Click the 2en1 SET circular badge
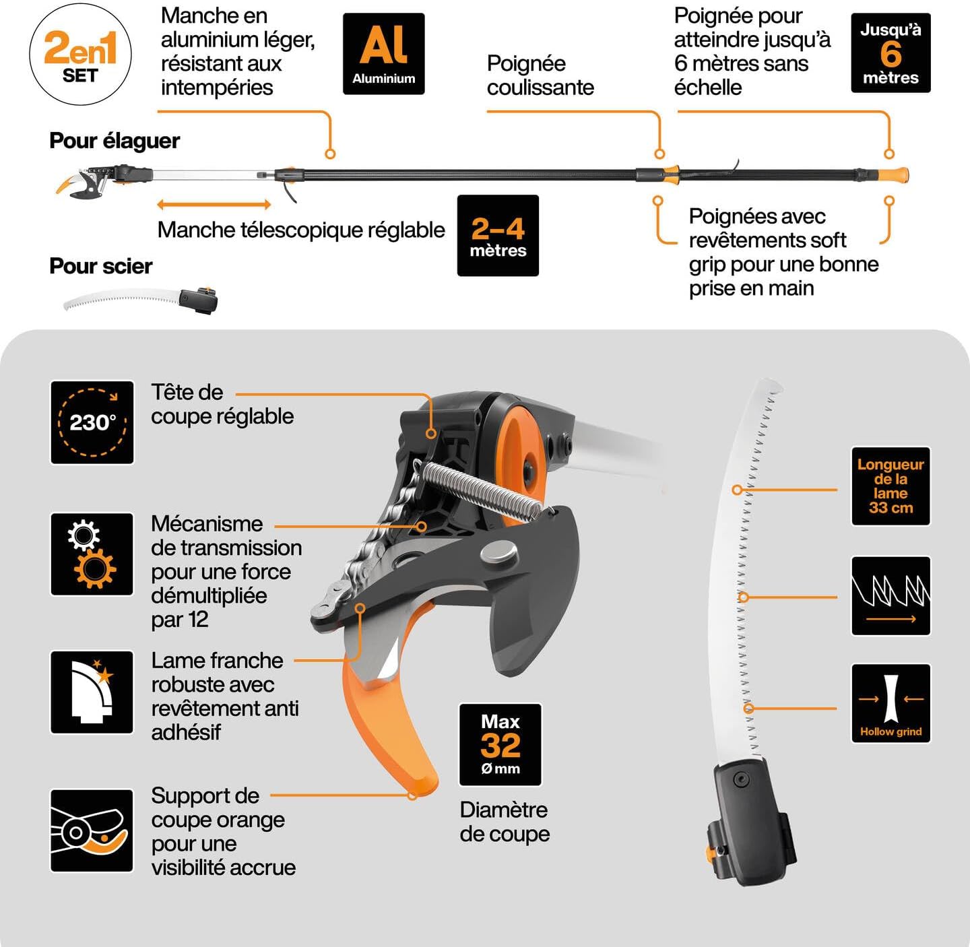(x=80, y=55)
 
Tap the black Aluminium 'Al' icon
(x=383, y=54)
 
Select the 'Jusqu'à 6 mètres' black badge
(x=891, y=53)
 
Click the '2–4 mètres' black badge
(x=498, y=236)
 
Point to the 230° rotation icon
(x=92, y=422)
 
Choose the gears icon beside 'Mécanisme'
(x=92, y=554)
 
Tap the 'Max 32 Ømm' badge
(x=500, y=744)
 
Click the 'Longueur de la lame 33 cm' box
(x=891, y=486)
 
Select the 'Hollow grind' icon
(x=891, y=703)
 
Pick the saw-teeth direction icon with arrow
(x=891, y=595)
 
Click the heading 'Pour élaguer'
(x=115, y=141)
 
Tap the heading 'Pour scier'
(x=101, y=266)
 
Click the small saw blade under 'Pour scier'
(x=121, y=300)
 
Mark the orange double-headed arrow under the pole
(x=214, y=204)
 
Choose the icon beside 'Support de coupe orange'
(x=92, y=830)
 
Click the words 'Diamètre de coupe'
(x=505, y=822)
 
